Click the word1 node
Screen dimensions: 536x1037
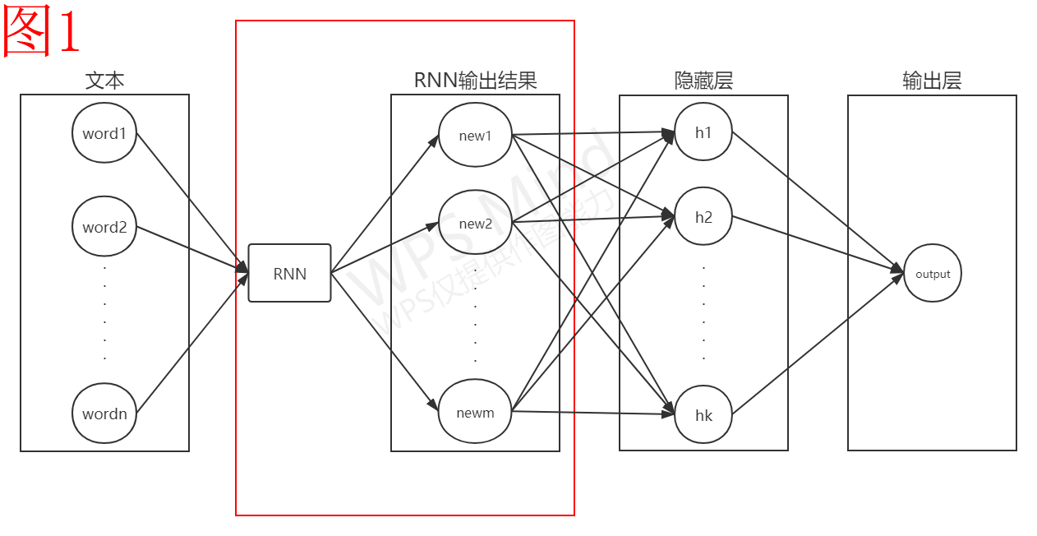[104, 133]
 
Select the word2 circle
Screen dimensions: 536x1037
[104, 227]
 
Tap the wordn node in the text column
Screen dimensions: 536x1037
[104, 414]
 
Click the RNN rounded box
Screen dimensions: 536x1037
[290, 273]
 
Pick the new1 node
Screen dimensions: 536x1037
[475, 136]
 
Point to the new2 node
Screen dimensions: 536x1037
[475, 224]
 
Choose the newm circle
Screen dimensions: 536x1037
[475, 412]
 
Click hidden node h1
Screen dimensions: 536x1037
[703, 132]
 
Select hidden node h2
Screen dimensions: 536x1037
[703, 217]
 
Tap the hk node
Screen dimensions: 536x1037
[703, 415]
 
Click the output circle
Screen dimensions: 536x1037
[933, 274]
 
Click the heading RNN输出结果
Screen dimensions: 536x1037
[475, 81]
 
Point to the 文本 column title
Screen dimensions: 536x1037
[104, 81]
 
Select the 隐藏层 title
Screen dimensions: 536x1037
[703, 81]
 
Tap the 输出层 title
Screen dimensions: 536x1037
[932, 81]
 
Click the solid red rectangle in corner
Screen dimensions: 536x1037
[41, 30]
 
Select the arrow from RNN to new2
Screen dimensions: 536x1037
[385, 247]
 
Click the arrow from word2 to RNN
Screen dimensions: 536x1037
[193, 249]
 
